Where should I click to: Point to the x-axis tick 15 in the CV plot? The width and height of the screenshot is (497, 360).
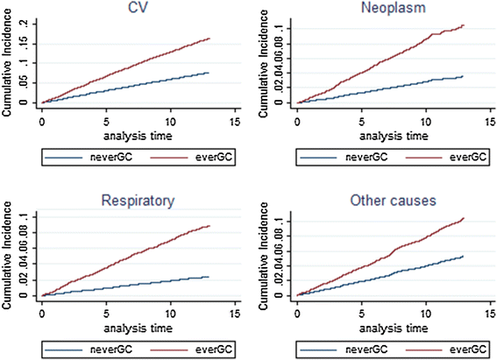(x=235, y=119)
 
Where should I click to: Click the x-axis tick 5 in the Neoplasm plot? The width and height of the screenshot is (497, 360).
(x=362, y=119)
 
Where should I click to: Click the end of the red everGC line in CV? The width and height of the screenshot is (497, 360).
(x=209, y=38)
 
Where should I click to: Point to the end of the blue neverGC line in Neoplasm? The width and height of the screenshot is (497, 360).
(x=463, y=76)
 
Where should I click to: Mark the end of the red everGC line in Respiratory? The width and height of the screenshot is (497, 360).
(x=209, y=226)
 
